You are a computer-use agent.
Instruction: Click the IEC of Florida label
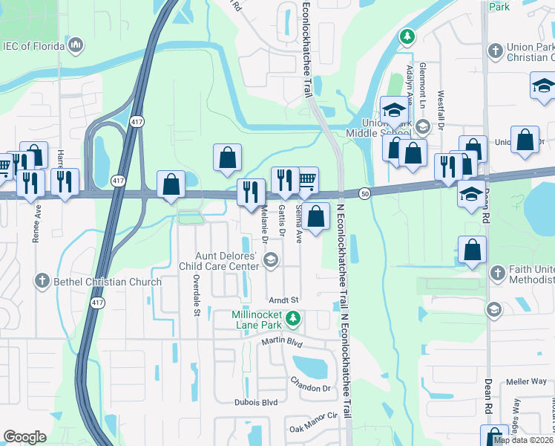click(x=34, y=46)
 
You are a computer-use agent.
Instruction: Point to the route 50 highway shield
click(x=364, y=192)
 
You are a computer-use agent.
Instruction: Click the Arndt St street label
click(x=283, y=300)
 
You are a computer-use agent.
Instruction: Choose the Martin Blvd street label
click(x=282, y=342)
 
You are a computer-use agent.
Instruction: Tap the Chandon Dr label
click(x=310, y=388)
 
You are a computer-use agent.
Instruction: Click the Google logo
click(x=24, y=437)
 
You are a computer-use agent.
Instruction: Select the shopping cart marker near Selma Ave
click(x=306, y=178)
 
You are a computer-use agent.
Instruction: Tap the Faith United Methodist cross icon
click(x=496, y=273)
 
